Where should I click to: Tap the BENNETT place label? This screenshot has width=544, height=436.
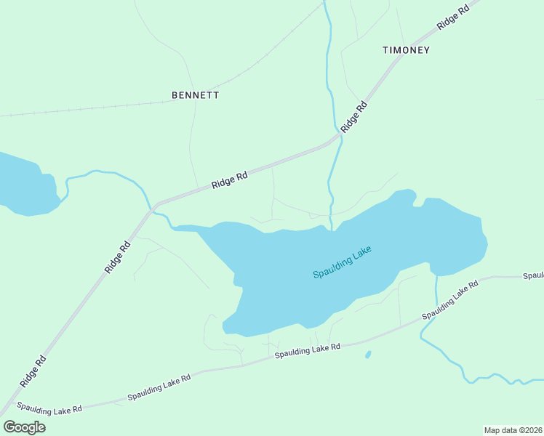195,95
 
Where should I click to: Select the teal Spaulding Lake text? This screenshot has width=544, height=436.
342,262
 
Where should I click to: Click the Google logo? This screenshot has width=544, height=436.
24,427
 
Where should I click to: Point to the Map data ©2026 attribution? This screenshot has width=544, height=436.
513,429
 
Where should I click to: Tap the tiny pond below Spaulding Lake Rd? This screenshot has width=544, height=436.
368,355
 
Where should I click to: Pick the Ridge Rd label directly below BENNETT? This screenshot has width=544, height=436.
230,179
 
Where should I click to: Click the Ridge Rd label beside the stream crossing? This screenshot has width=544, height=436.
354,116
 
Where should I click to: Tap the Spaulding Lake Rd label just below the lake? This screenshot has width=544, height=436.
308,350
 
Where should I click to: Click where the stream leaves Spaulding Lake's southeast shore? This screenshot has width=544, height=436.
436,276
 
